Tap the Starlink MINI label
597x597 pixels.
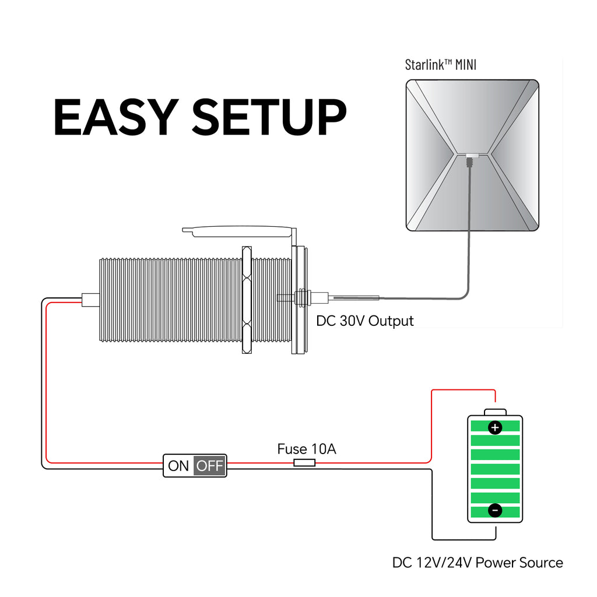tap(440, 64)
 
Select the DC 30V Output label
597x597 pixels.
tap(364, 321)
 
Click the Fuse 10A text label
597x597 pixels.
tap(306, 449)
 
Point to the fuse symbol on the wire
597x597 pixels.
tap(304, 463)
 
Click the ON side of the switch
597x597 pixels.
tap(178, 466)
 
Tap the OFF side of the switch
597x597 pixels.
tap(209, 466)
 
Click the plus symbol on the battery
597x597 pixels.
tap(494, 428)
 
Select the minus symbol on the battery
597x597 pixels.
tap(494, 511)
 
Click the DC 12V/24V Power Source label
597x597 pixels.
tap(477, 563)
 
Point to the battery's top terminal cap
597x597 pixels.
tap(495, 412)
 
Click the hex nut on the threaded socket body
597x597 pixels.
tap(246, 300)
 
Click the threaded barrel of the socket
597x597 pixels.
tap(169, 300)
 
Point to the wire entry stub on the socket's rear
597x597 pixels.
tap(90, 300)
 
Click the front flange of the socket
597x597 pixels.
tap(301, 300)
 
